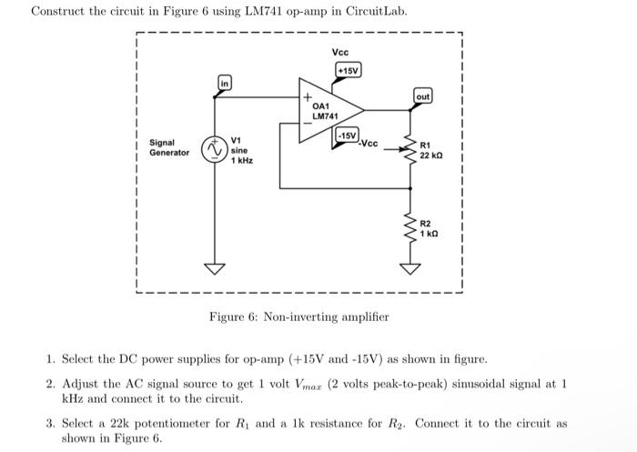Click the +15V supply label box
[349, 70]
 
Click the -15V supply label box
[348, 136]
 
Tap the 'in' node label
[223, 84]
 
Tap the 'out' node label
[423, 96]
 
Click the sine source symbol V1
[215, 149]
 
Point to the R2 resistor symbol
[412, 227]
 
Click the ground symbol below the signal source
[216, 268]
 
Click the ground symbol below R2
[412, 268]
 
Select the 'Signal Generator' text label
[169, 147]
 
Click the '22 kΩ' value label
[430, 156]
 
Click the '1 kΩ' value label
[430, 234]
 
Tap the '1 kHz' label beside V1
[241, 160]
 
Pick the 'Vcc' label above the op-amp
[340, 52]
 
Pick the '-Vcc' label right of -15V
[368, 143]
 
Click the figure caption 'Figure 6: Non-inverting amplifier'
[298, 316]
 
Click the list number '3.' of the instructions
[51, 423]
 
